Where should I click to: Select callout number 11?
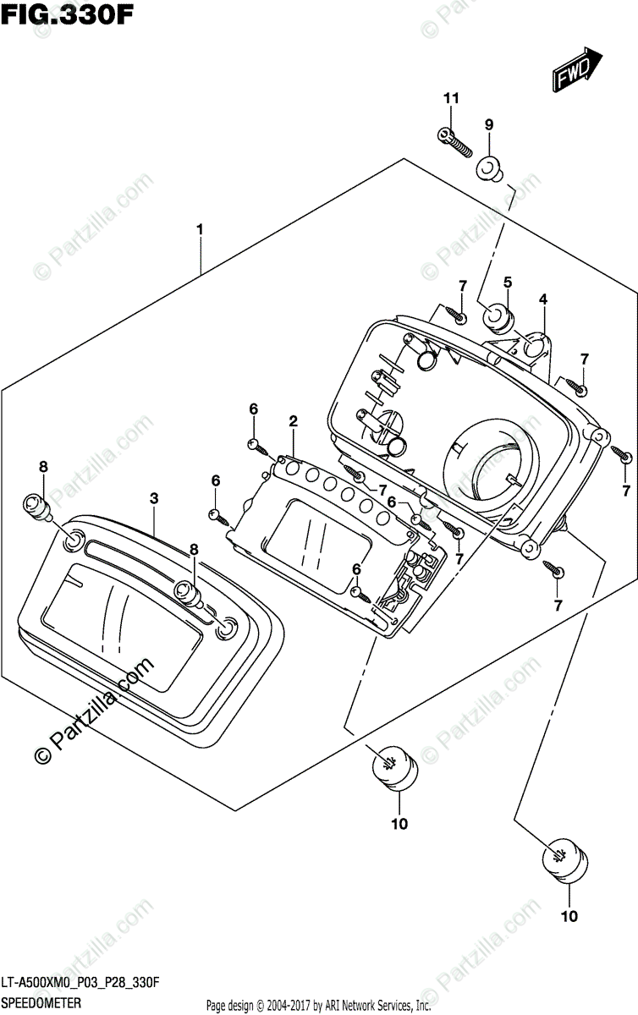[451, 99]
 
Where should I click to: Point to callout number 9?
[489, 124]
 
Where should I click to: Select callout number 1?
[200, 228]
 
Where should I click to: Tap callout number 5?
[508, 282]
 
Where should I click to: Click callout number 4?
[543, 299]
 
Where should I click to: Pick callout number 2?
[293, 420]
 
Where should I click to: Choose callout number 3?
[154, 499]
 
